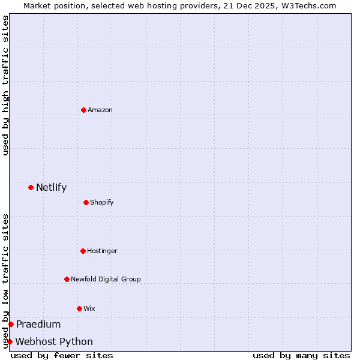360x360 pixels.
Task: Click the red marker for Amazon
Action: tap(83, 110)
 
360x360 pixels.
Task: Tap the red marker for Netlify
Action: tap(31, 187)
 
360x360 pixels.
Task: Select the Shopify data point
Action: tap(86, 202)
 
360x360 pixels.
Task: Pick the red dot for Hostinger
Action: tap(83, 251)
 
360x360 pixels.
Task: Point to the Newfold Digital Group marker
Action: tap(67, 279)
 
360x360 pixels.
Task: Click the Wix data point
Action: tap(79, 308)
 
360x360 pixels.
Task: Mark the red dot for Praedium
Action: tap(11, 324)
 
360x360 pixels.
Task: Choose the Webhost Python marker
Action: tap(10, 341)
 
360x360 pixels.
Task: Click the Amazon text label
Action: tap(100, 110)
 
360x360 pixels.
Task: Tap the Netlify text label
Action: tap(51, 187)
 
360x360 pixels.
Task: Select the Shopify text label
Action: tap(102, 202)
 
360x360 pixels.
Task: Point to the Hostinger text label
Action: tap(102, 251)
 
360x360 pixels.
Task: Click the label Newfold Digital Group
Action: tap(106, 279)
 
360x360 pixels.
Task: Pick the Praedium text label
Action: tap(38, 324)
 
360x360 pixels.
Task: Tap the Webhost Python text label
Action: tap(54, 341)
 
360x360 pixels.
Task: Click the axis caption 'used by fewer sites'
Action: tap(62, 355)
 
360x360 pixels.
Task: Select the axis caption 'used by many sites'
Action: tap(301, 355)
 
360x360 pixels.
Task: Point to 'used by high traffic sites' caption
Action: tap(5, 85)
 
